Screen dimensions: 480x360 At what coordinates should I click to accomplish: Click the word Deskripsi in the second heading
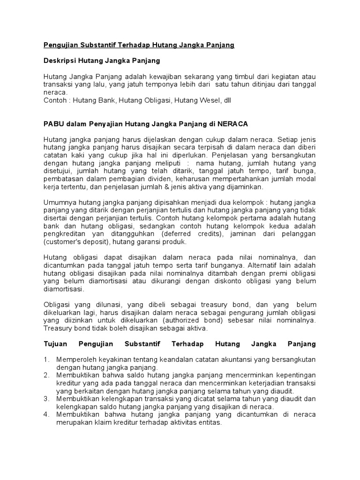pos(60,60)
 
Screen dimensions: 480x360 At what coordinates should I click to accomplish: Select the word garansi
pos(147,242)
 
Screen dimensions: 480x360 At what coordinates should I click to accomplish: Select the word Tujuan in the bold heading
pos(56,344)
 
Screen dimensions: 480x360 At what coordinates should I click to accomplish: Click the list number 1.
pos(46,360)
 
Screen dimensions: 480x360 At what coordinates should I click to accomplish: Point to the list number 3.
pos(46,399)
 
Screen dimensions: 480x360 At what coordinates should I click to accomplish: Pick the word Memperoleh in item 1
pos(77,360)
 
